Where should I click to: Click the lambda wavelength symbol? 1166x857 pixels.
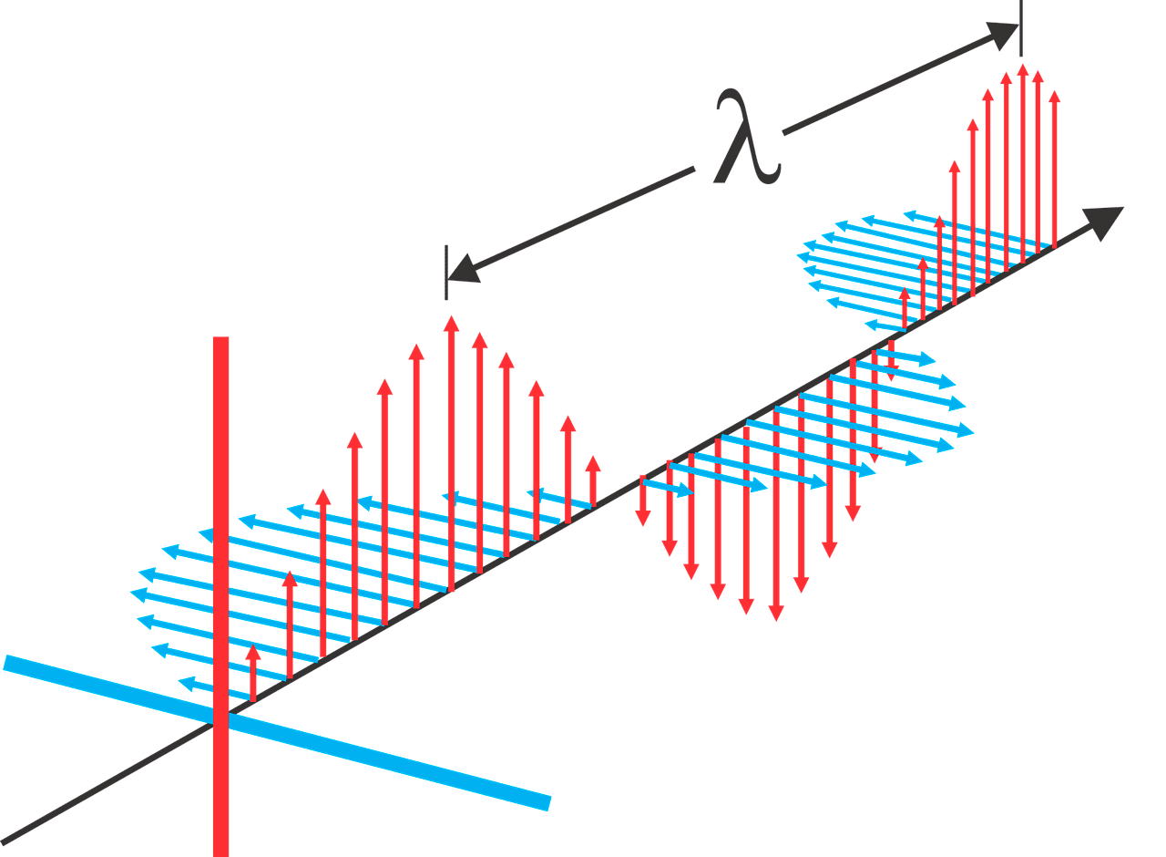[748, 137]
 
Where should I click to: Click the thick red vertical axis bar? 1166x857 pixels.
[220, 596]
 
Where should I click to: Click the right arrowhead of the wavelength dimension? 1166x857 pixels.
[1002, 36]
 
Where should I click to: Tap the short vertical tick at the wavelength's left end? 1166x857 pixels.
[446, 273]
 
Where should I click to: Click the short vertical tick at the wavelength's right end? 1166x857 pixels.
[1021, 28]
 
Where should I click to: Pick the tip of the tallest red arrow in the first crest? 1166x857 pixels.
[451, 316]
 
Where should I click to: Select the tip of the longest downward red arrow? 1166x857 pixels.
[776, 621]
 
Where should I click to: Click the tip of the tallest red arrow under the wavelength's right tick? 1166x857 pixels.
[1023, 64]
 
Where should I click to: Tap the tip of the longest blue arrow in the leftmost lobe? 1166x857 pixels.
[130, 592]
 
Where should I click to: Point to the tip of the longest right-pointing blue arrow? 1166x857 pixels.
[974, 433]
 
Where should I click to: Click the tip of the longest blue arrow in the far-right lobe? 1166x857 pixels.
[797, 256]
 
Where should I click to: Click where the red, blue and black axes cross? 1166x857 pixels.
[220, 718]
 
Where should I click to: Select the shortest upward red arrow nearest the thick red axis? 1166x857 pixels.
[253, 673]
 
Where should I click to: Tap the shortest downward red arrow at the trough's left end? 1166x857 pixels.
[643, 501]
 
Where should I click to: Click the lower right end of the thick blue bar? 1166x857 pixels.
[549, 804]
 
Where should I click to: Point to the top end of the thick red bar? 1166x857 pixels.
[220, 337]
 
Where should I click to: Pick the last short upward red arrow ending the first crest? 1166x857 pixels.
[593, 480]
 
